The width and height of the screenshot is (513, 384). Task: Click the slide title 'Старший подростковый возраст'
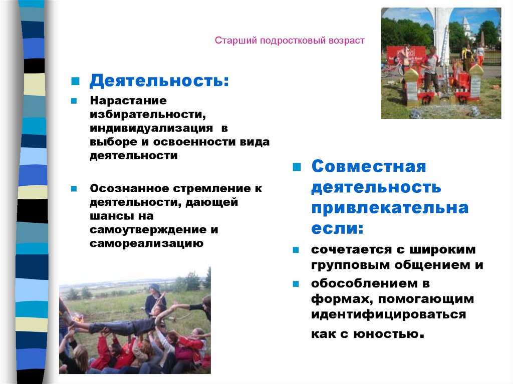290,40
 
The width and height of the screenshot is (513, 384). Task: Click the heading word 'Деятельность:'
159,80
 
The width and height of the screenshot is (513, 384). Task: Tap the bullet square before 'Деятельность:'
74,80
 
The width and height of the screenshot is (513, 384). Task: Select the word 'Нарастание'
128,100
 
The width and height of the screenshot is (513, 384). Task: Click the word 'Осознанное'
129,189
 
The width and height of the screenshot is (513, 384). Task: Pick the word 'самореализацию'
146,244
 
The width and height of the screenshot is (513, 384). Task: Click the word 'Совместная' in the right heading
368,166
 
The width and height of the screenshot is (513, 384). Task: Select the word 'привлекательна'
390,208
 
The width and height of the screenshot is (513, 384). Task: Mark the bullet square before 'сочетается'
296,249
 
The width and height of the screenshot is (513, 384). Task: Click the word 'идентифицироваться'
388,315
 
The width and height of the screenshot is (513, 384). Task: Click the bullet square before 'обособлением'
296,283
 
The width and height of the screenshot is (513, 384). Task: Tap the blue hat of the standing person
155,288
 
